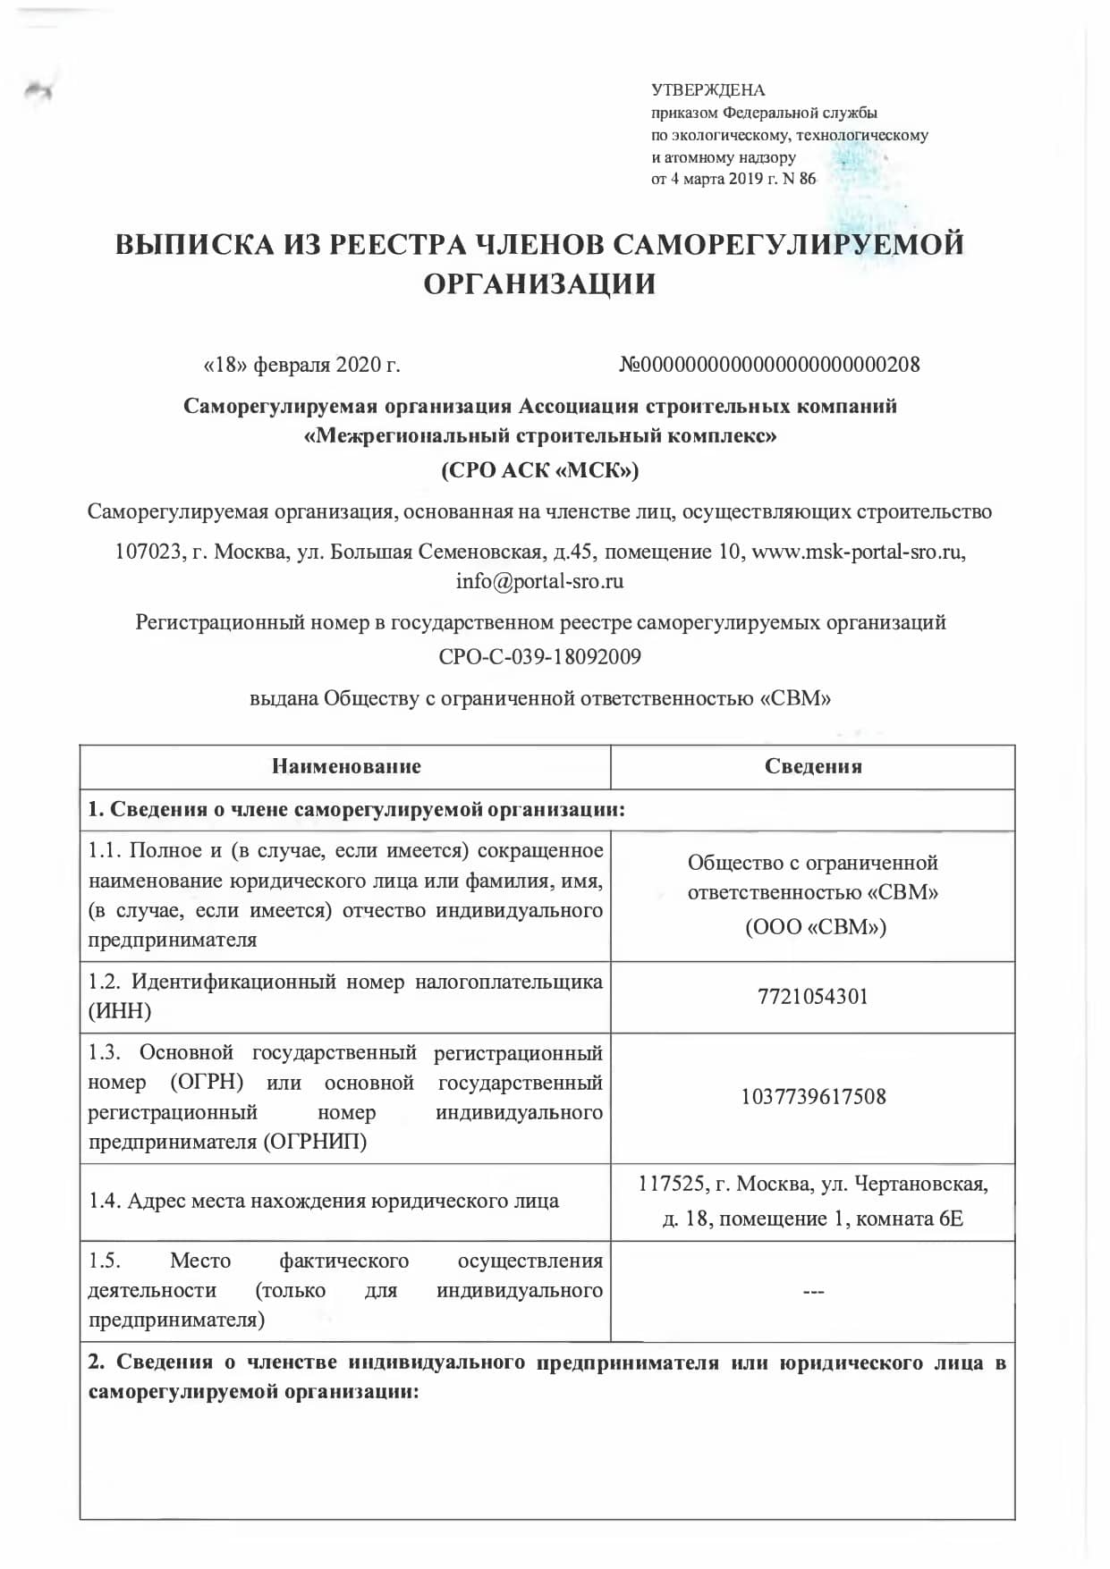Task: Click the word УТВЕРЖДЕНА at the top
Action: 708,90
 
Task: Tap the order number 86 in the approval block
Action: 807,179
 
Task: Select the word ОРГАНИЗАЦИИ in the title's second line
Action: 539,284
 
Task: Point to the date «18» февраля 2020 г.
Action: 302,365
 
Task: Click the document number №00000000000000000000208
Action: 769,365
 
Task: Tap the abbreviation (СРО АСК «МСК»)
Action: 539,470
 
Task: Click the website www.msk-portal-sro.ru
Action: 859,552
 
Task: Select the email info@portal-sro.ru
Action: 539,581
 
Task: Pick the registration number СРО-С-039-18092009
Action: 539,657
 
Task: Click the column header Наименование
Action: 346,766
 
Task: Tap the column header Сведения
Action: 813,766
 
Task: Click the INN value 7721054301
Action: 813,997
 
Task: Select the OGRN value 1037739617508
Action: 813,1097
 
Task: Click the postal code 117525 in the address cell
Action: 667,1185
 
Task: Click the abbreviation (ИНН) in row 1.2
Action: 120,1011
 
